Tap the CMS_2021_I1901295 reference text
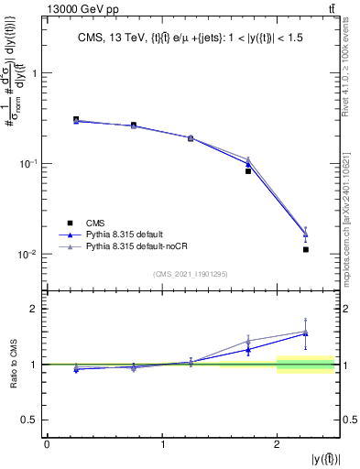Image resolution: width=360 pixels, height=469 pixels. tap(191, 274)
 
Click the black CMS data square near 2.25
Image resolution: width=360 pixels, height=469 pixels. tap(306, 249)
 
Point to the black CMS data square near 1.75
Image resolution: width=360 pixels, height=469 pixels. tap(248, 171)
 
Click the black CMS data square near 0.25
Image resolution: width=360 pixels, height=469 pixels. tap(76, 119)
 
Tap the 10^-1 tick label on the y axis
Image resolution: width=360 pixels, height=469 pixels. tap(30, 164)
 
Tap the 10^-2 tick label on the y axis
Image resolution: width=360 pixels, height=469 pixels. tap(30, 254)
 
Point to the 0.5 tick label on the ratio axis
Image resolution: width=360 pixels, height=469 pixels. tap(32, 420)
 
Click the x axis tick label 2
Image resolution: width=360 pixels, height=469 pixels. tap(277, 443)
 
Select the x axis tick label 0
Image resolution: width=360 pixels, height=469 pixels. tap(47, 443)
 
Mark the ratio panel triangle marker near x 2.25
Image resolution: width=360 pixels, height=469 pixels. tap(306, 333)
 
